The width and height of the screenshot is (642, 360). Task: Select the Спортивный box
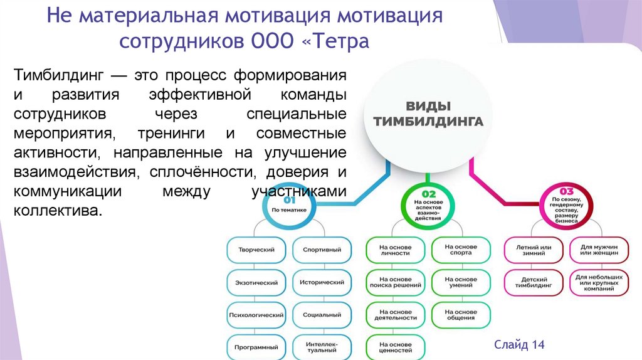pyautogui.click(x=322, y=250)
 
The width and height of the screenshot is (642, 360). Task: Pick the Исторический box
pyautogui.click(x=322, y=282)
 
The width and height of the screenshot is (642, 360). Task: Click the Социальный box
pyautogui.click(x=322, y=314)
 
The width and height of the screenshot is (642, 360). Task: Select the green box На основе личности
pyautogui.click(x=396, y=250)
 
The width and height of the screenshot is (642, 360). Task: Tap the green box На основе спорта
pyautogui.click(x=461, y=250)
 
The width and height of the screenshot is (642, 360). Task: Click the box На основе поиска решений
pyautogui.click(x=396, y=282)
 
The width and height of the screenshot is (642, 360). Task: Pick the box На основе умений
pyautogui.click(x=461, y=282)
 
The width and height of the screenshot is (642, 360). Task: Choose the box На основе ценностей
pyautogui.click(x=396, y=347)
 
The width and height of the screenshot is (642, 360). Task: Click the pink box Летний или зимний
pyautogui.click(x=534, y=250)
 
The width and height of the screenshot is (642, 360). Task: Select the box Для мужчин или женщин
pyautogui.click(x=599, y=250)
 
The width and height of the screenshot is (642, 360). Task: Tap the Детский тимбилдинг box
pyautogui.click(x=534, y=282)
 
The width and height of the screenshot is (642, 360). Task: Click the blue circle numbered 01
pyautogui.click(x=289, y=205)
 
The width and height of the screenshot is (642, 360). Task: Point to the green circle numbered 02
pyautogui.click(x=428, y=205)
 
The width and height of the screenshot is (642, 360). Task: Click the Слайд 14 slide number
pyautogui.click(x=519, y=345)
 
